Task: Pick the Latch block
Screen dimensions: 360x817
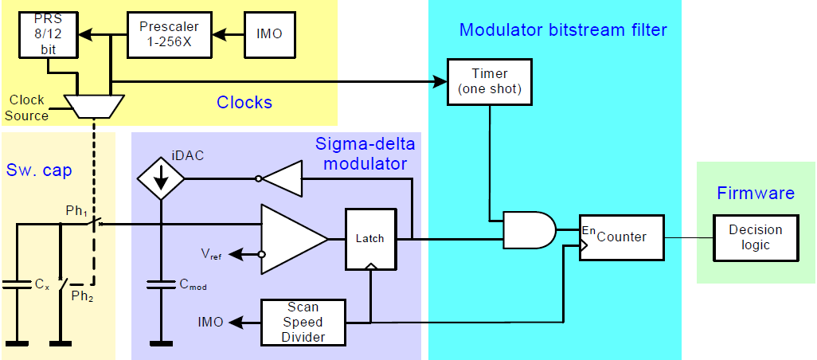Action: point(370,238)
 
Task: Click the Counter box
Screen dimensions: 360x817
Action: point(621,237)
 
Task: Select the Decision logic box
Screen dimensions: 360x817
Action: point(755,237)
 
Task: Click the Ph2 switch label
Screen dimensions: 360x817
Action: point(81,296)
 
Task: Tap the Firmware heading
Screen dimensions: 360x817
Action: point(756,193)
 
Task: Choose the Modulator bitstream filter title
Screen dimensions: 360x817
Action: point(563,30)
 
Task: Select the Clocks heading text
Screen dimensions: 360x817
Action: point(244,102)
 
